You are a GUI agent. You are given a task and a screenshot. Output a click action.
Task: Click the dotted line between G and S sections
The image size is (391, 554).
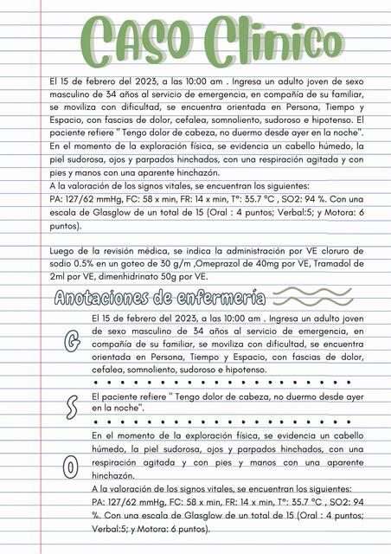point(229,382)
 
